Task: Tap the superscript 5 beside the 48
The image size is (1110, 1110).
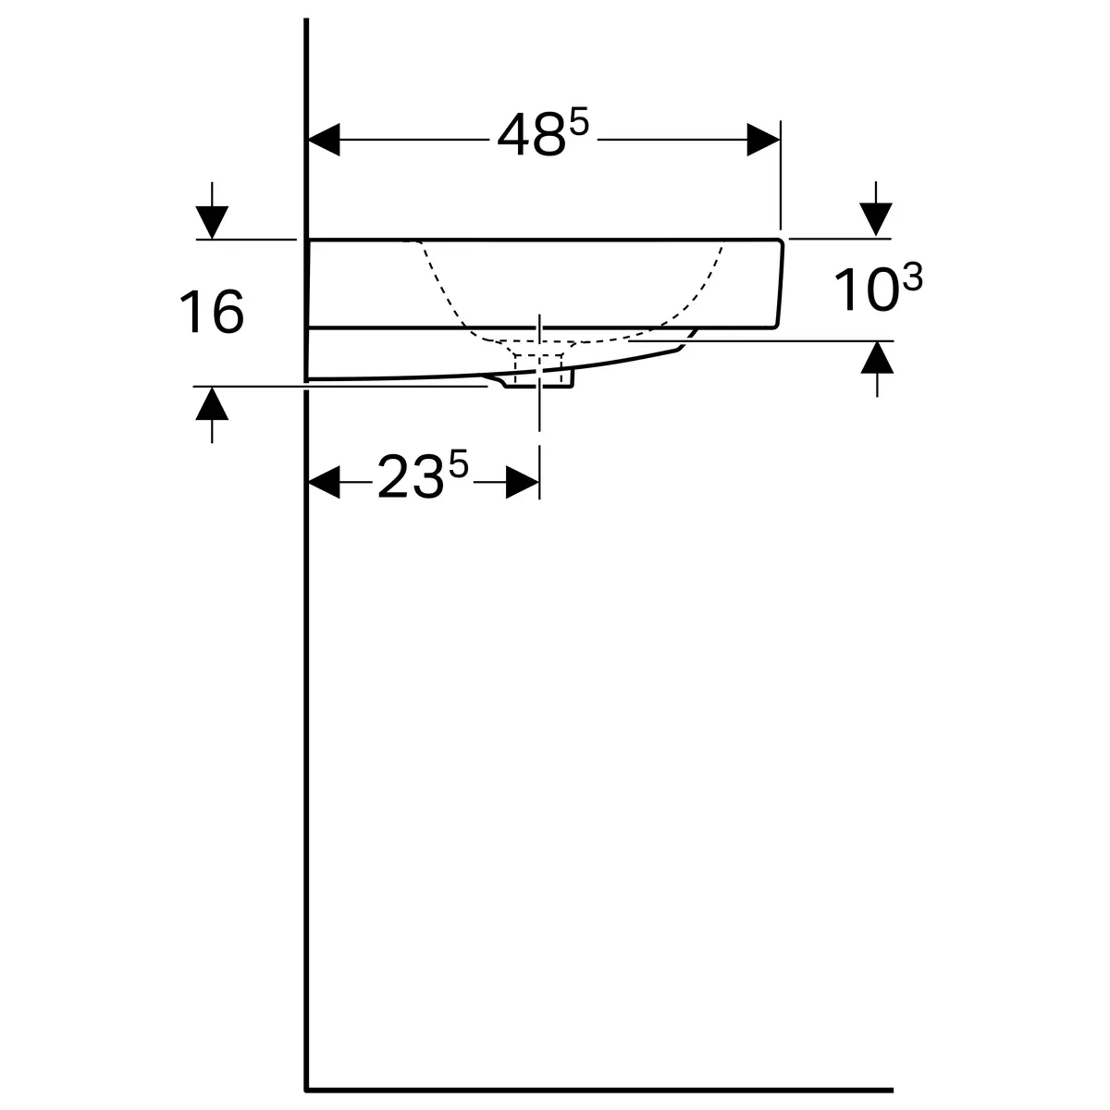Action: [579, 123]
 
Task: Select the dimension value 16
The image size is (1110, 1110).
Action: [212, 312]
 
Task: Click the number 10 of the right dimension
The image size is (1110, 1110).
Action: [867, 290]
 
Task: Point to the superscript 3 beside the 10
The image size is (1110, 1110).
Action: [913, 277]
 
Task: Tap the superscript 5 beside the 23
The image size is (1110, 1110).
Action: [459, 463]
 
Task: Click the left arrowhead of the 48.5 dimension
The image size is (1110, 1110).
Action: [325, 140]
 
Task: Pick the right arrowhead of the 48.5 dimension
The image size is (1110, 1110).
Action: [763, 140]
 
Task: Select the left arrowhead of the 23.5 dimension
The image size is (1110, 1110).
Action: [325, 482]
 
